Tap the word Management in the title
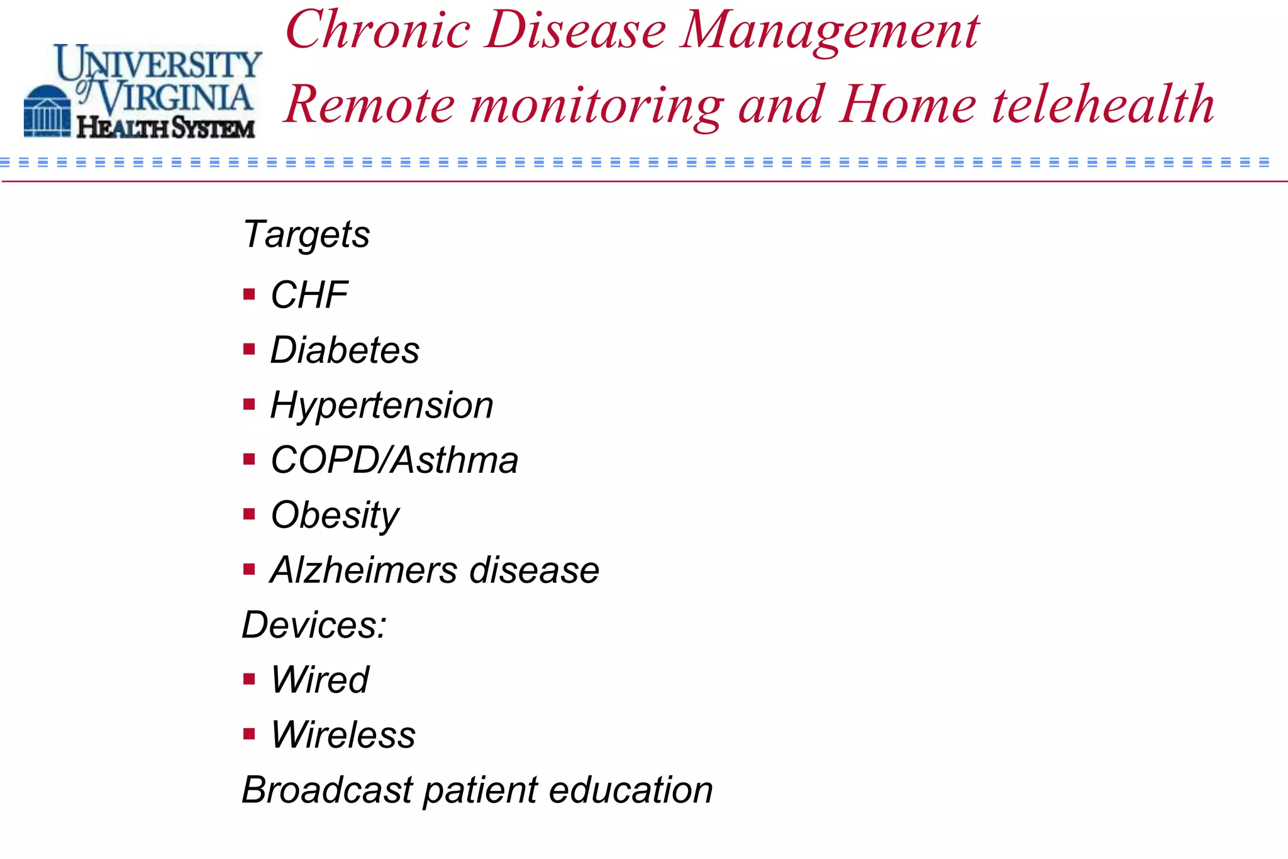(830, 31)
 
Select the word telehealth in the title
(1103, 104)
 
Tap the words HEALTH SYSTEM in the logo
(166, 128)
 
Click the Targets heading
(306, 235)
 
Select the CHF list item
(309, 295)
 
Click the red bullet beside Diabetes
(249, 349)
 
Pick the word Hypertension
(382, 405)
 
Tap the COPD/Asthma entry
(394, 460)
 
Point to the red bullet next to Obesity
(249, 514)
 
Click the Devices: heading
(314, 625)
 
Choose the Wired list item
(319, 680)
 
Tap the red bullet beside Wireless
(249, 734)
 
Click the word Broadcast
(327, 790)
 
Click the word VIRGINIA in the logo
(175, 97)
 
